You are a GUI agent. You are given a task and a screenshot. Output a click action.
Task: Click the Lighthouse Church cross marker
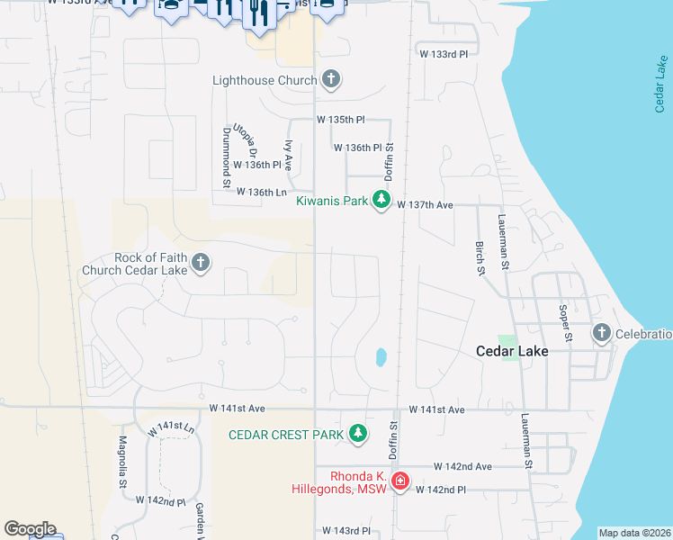(x=331, y=80)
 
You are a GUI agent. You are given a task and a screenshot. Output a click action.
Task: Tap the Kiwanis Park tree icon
(x=381, y=201)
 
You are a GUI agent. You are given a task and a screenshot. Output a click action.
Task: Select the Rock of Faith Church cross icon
(x=201, y=263)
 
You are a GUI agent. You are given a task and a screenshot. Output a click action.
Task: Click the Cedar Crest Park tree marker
(x=358, y=435)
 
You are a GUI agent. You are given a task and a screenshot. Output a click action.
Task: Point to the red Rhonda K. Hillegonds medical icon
(x=399, y=482)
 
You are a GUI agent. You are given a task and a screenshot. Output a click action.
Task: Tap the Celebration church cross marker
(x=601, y=334)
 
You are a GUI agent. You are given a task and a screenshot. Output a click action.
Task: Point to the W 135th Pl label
(x=340, y=119)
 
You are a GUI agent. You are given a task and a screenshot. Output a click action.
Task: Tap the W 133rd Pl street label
(x=444, y=55)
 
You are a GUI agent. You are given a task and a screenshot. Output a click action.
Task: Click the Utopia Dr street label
(x=246, y=139)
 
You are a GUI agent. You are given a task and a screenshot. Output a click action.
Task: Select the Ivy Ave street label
(x=289, y=155)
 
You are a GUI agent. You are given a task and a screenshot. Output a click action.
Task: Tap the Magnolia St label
(x=123, y=463)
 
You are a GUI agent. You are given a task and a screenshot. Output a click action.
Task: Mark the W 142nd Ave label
(x=462, y=467)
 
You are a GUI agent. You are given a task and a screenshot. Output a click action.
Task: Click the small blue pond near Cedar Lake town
(x=380, y=358)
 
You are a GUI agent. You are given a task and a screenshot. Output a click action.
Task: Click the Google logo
(x=30, y=529)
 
